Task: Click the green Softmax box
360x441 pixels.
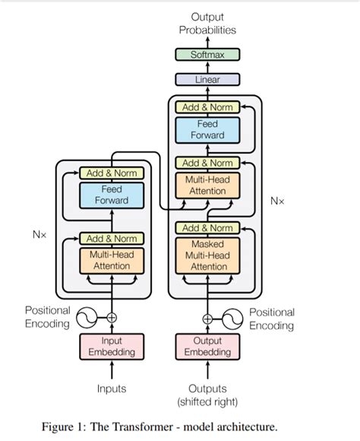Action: coord(207,55)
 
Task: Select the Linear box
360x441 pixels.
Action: coord(207,80)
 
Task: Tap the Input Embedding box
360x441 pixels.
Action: coord(112,347)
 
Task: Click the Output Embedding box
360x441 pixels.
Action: coord(207,347)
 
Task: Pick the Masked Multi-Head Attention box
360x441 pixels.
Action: coord(207,255)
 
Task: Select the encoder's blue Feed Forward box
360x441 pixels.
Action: coord(112,195)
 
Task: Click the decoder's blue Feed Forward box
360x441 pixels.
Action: coord(207,130)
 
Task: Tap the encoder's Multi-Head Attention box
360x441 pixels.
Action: coord(112,261)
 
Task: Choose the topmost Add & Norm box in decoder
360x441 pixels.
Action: coord(207,107)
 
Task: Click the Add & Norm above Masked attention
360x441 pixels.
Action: coord(207,228)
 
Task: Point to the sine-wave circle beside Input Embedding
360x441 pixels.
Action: coord(87,318)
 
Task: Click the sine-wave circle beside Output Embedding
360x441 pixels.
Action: coord(232,319)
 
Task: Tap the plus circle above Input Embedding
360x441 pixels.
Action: coord(112,318)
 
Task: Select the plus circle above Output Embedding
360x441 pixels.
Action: coord(207,319)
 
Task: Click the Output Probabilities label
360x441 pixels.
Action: coord(207,24)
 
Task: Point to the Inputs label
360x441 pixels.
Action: coord(112,389)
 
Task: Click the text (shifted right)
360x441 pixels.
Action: coord(207,402)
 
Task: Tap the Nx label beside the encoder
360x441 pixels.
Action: coord(39,234)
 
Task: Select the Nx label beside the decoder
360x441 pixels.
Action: coord(277,201)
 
